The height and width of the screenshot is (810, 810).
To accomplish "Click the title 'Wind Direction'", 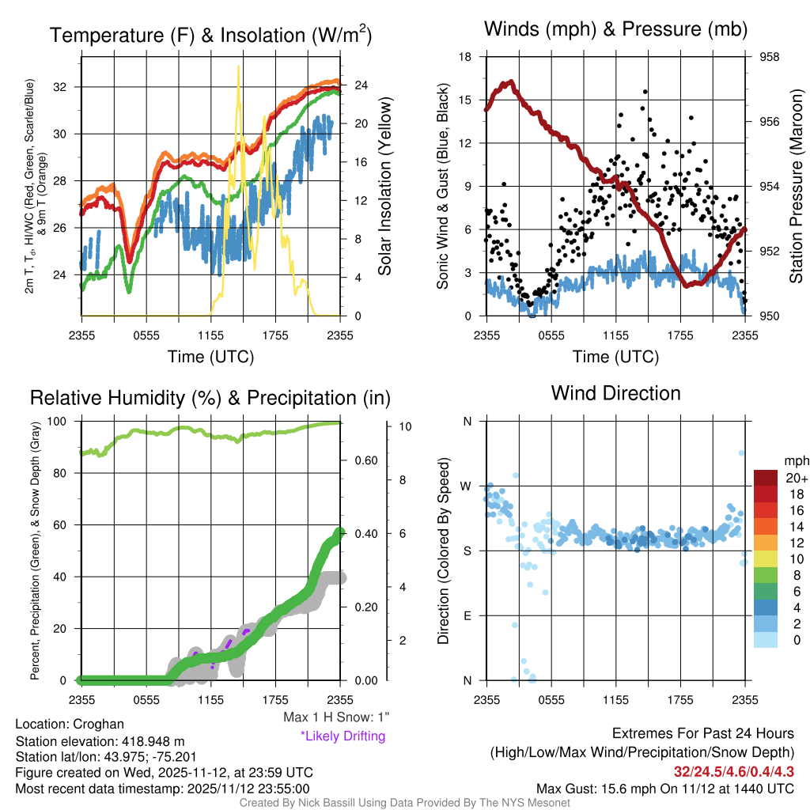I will pyautogui.click(x=615, y=393).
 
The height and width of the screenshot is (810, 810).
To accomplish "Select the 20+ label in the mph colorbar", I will pyautogui.click(x=796, y=478).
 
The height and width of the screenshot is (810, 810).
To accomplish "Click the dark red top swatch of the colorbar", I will pyautogui.click(x=767, y=478).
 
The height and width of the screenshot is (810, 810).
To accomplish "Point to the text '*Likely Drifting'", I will pyautogui.click(x=343, y=736).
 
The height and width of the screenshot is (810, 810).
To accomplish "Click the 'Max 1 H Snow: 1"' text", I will pyautogui.click(x=336, y=717).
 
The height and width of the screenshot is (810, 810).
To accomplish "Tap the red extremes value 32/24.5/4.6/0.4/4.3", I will pyautogui.click(x=733, y=770).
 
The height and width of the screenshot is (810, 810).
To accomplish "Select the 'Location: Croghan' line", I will pyautogui.click(x=70, y=724).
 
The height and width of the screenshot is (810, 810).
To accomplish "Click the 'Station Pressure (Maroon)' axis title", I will pyautogui.click(x=797, y=186).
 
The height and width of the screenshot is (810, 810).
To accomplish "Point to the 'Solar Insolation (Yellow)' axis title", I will pyautogui.click(x=385, y=187).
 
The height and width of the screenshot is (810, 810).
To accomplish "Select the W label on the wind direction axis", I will pyautogui.click(x=467, y=486).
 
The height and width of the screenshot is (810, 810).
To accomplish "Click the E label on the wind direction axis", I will pyautogui.click(x=467, y=615).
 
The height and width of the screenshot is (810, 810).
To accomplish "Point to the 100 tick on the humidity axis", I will pyautogui.click(x=62, y=422).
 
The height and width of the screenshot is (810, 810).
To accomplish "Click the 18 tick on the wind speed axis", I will pyautogui.click(x=466, y=57).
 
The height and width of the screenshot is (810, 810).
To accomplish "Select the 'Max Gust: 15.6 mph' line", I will pyautogui.click(x=664, y=788).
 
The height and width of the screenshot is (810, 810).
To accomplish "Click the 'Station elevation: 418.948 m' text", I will pyautogui.click(x=100, y=741).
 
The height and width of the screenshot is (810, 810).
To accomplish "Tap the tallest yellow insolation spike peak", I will pyautogui.click(x=238, y=68).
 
